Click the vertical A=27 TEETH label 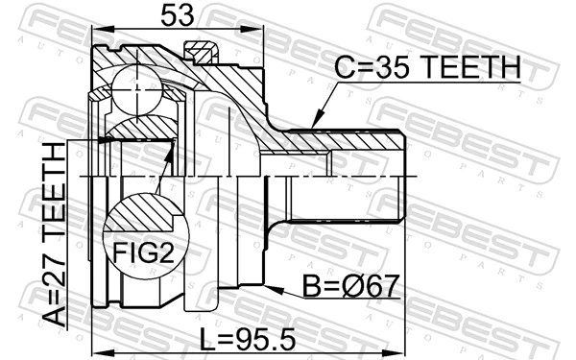60,234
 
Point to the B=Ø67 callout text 345,287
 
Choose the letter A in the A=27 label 60,318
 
